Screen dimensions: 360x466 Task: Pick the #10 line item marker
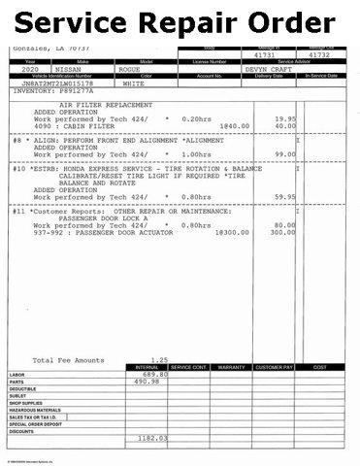coord(18,167)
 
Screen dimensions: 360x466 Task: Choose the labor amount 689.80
coord(156,374)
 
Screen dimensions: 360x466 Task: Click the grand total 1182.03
coord(152,438)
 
